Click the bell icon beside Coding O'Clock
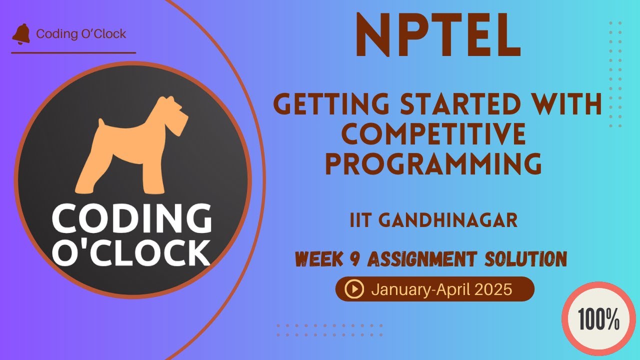point(21,34)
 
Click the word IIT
point(359,220)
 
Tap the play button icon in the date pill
point(354,289)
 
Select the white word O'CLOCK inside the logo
point(131,253)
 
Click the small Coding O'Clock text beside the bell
point(81,34)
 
